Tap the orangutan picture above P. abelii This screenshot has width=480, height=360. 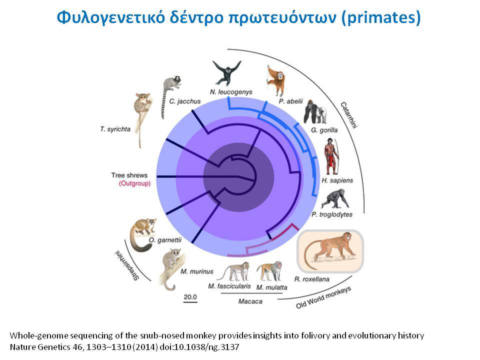point(276,80)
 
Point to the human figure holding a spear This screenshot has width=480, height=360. point(331,156)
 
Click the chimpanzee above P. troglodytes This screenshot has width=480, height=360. point(335,199)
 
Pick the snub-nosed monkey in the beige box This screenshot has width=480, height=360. point(330,251)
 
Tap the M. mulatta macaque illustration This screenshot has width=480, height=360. point(269,271)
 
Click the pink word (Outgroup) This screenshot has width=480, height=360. point(134,183)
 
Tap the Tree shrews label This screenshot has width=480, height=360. point(129,175)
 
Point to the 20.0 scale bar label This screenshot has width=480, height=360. point(190,296)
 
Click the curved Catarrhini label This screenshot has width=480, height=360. point(348,115)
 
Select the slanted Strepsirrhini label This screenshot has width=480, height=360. point(127,265)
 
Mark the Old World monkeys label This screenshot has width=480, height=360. point(323,297)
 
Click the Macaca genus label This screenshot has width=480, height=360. point(250,301)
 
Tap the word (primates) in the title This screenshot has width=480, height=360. point(381,17)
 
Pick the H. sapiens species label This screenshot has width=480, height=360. point(337,180)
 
